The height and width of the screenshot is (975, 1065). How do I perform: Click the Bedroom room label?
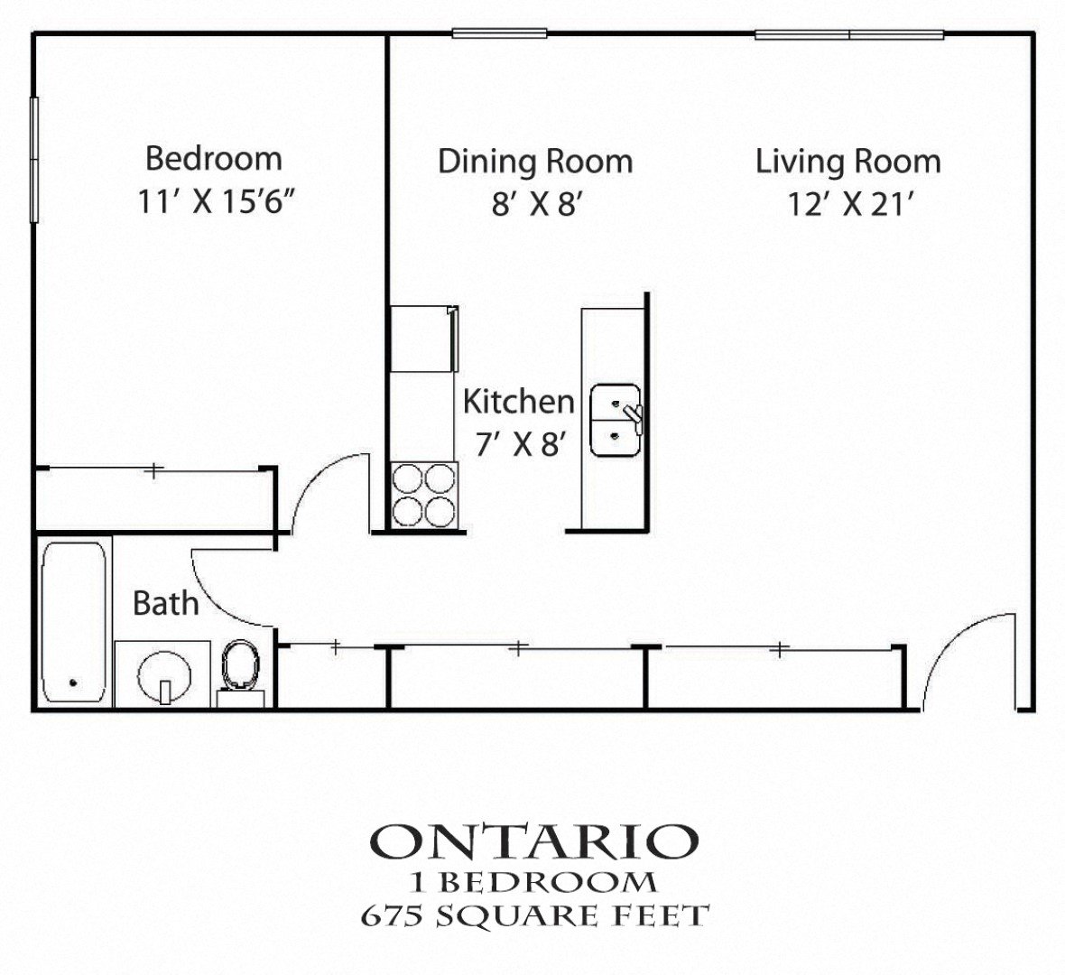coord(214,159)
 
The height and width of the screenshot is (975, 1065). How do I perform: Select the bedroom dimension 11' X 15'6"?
coord(218,202)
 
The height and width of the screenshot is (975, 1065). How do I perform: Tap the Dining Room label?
coord(535,162)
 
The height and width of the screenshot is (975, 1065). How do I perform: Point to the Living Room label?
coord(848,162)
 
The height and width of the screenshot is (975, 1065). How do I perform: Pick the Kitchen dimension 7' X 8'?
coord(521,445)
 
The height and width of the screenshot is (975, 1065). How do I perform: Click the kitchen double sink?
coord(616,420)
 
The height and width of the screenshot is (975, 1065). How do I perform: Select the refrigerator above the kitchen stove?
coord(424,339)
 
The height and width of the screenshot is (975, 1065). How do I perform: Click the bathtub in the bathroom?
coord(73,622)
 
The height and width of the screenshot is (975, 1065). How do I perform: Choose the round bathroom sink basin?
coord(163,676)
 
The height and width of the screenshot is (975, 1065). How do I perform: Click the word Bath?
coord(166,603)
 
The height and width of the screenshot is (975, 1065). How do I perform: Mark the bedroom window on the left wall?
coord(34,160)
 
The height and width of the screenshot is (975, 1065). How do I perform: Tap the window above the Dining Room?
coord(500,33)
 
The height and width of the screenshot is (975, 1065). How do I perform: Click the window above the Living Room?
coord(849,34)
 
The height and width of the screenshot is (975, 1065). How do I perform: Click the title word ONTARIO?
coord(534,841)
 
